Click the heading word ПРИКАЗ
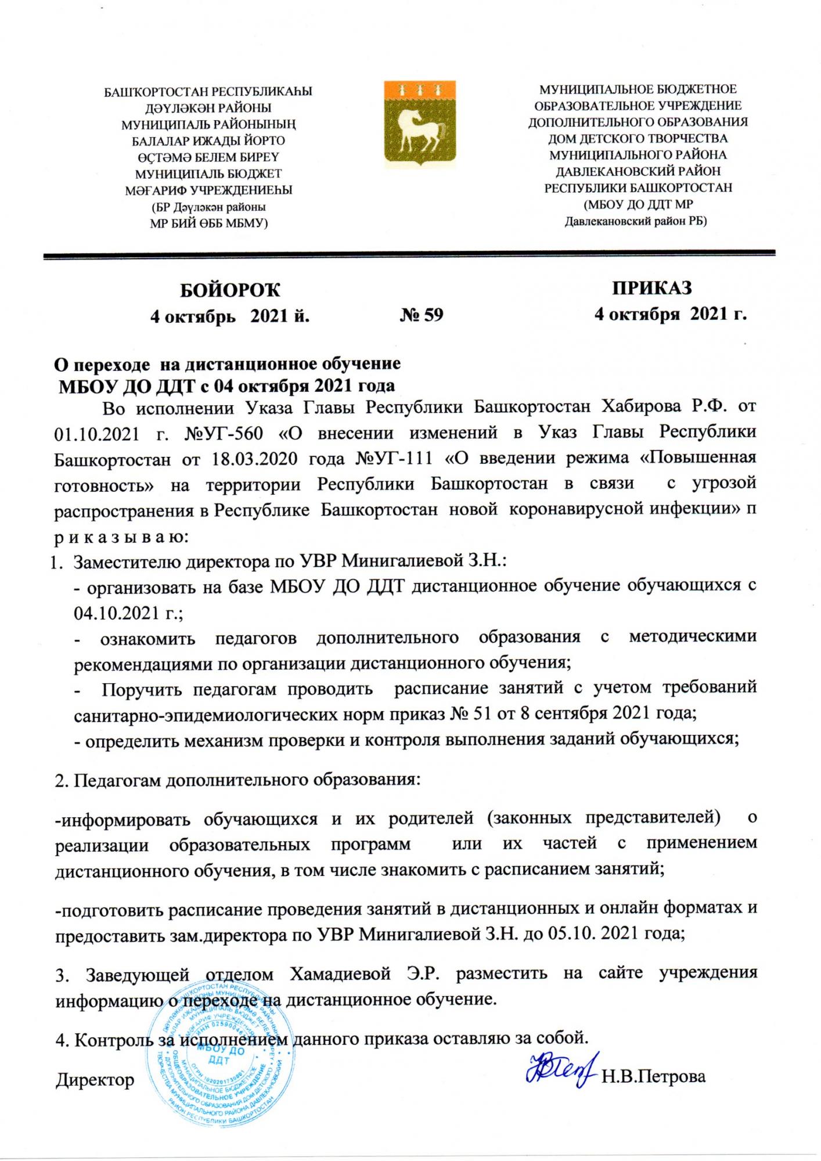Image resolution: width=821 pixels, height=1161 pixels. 651,288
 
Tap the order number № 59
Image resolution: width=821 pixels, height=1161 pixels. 422,315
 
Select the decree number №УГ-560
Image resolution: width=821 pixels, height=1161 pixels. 223,434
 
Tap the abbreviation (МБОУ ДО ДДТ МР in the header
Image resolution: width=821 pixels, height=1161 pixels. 638,204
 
